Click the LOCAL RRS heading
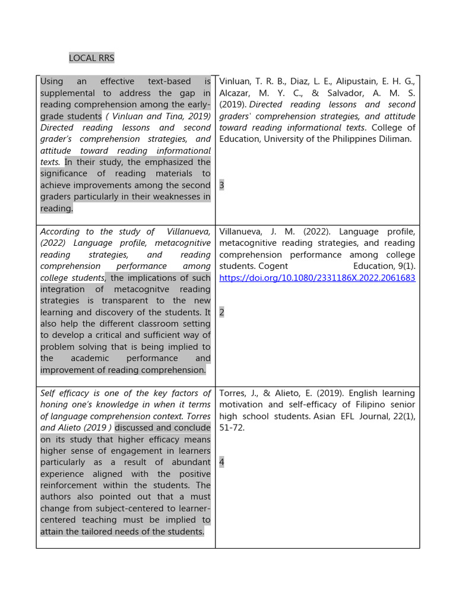[x=91, y=58]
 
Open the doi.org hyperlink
[x=317, y=278]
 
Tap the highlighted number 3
[x=221, y=185]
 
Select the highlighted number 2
[x=221, y=312]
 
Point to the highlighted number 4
[x=221, y=462]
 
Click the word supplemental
[x=67, y=93]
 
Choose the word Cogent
[x=274, y=266]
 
